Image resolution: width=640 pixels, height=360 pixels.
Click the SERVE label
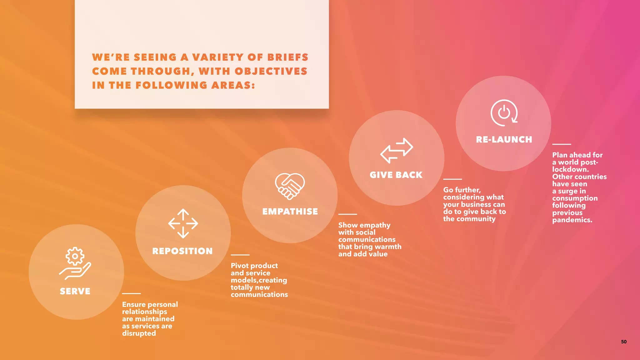pyautogui.click(x=75, y=291)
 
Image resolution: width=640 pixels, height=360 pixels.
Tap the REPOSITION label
pyautogui.click(x=182, y=251)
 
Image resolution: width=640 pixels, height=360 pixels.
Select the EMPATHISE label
pyautogui.click(x=290, y=212)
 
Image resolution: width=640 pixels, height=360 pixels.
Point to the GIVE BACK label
pyautogui.click(x=396, y=175)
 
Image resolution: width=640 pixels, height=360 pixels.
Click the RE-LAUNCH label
pyautogui.click(x=504, y=139)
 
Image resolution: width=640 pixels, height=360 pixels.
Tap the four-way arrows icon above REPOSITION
pyautogui.click(x=183, y=223)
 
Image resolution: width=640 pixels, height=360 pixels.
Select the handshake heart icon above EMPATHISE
pyautogui.click(x=290, y=186)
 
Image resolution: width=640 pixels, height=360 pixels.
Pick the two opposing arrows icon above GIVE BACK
pyautogui.click(x=397, y=150)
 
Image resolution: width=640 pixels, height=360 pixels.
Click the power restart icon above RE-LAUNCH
pyautogui.click(x=504, y=113)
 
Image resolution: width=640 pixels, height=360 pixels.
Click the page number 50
pyautogui.click(x=624, y=342)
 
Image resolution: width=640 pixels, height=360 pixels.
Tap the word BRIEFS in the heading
pyautogui.click(x=288, y=57)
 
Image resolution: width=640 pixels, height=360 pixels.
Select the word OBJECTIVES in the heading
pyautogui.click(x=271, y=71)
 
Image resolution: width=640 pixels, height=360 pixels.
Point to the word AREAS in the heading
pyautogui.click(x=233, y=85)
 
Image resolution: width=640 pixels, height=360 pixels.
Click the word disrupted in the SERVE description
pyautogui.click(x=139, y=333)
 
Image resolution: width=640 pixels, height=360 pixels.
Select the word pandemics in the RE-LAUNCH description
pyautogui.click(x=572, y=220)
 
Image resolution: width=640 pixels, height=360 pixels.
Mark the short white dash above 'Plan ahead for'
pyautogui.click(x=562, y=144)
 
